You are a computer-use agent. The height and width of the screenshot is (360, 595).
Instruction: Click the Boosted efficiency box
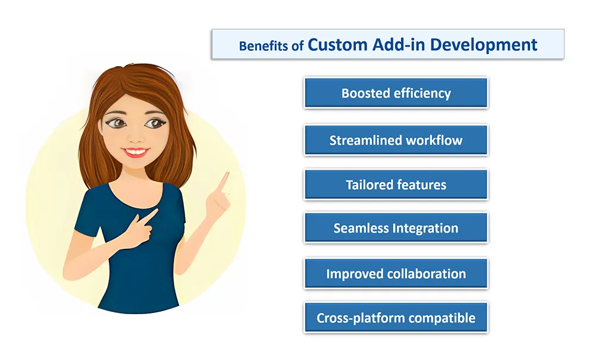tap(396, 93)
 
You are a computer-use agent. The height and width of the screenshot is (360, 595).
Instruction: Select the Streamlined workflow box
tap(396, 140)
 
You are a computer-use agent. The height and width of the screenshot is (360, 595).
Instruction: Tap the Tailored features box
tap(396, 184)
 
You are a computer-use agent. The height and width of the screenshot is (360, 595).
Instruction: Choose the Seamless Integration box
tap(396, 228)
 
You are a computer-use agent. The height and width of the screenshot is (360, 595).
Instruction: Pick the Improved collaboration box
tap(396, 274)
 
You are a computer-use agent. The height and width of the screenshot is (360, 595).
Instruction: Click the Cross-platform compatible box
tap(396, 318)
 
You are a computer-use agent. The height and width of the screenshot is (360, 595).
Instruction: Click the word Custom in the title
tap(338, 45)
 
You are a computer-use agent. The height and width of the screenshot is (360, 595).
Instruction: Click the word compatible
tap(441, 318)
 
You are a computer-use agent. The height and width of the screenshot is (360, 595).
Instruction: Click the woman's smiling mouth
tap(136, 152)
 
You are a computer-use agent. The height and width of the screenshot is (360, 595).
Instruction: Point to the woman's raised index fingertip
tap(227, 174)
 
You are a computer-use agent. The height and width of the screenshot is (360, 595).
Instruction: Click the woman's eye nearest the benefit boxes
tap(154, 123)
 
